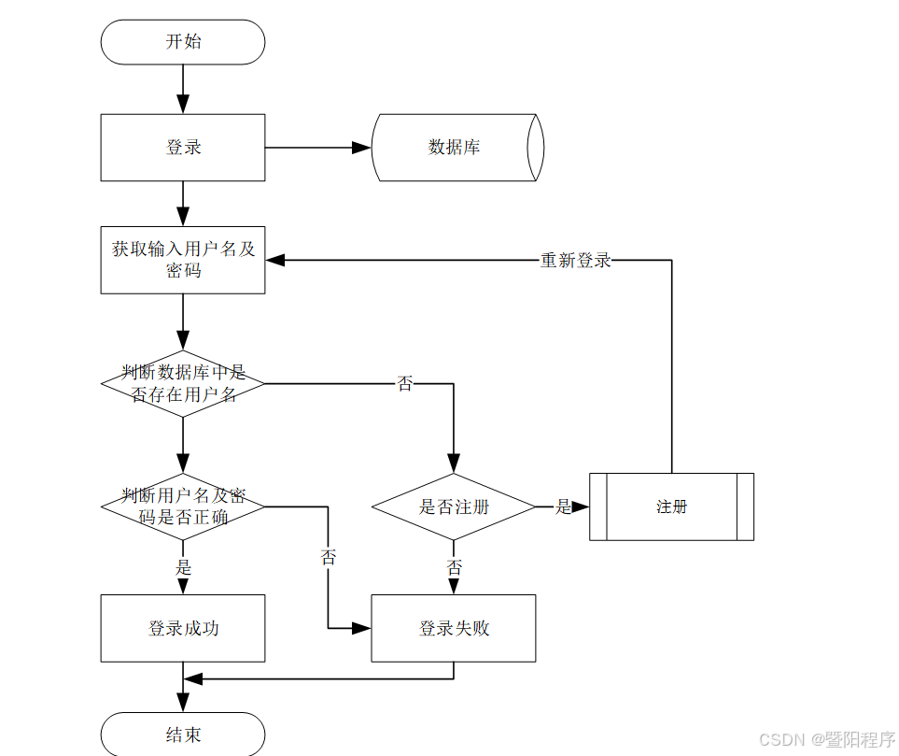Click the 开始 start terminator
(x=183, y=42)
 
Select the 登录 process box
(x=183, y=148)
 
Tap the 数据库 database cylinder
(x=456, y=148)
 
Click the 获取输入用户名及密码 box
(x=183, y=260)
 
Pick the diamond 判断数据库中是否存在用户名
(x=183, y=383)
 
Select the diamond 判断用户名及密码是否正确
(x=183, y=506)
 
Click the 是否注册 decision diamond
(x=454, y=506)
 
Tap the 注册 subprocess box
(x=671, y=506)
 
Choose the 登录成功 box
(x=183, y=628)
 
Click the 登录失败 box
(x=454, y=628)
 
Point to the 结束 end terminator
(x=183, y=735)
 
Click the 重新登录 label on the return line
(x=575, y=261)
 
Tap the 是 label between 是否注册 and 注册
(x=563, y=506)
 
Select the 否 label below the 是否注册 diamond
(x=454, y=567)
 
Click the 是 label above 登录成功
(x=183, y=567)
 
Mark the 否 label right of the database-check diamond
(x=404, y=383)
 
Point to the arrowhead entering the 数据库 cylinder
(x=362, y=148)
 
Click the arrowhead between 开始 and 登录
(x=183, y=104)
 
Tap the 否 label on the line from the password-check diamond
(x=329, y=558)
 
